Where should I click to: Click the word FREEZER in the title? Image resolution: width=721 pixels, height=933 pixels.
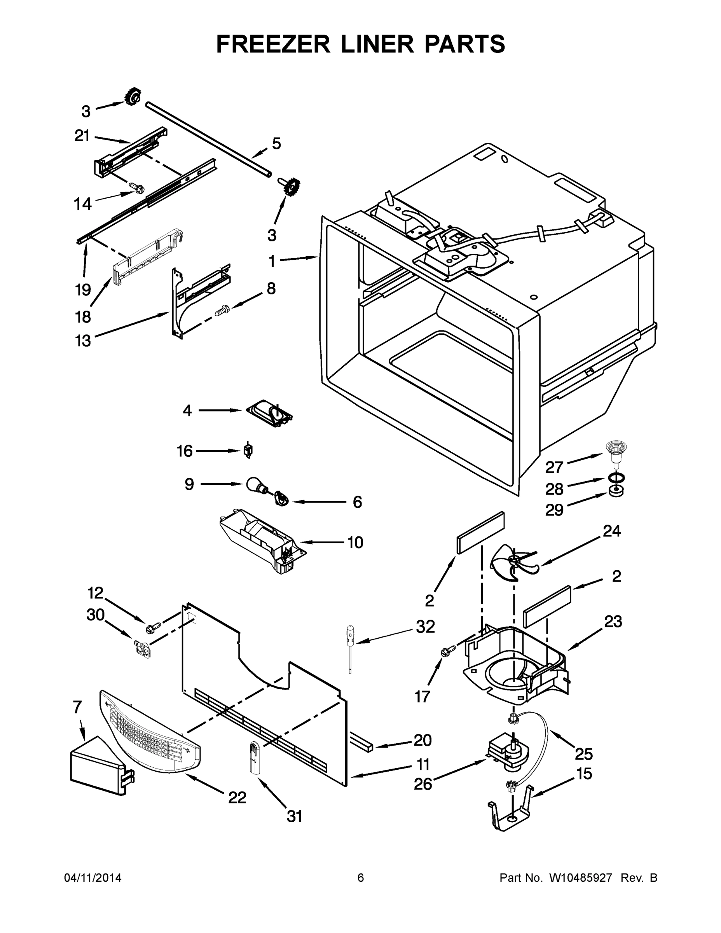(x=273, y=44)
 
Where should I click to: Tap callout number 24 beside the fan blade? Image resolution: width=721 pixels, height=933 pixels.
(x=612, y=531)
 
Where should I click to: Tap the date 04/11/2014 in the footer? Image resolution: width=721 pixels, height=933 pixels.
(x=93, y=878)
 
